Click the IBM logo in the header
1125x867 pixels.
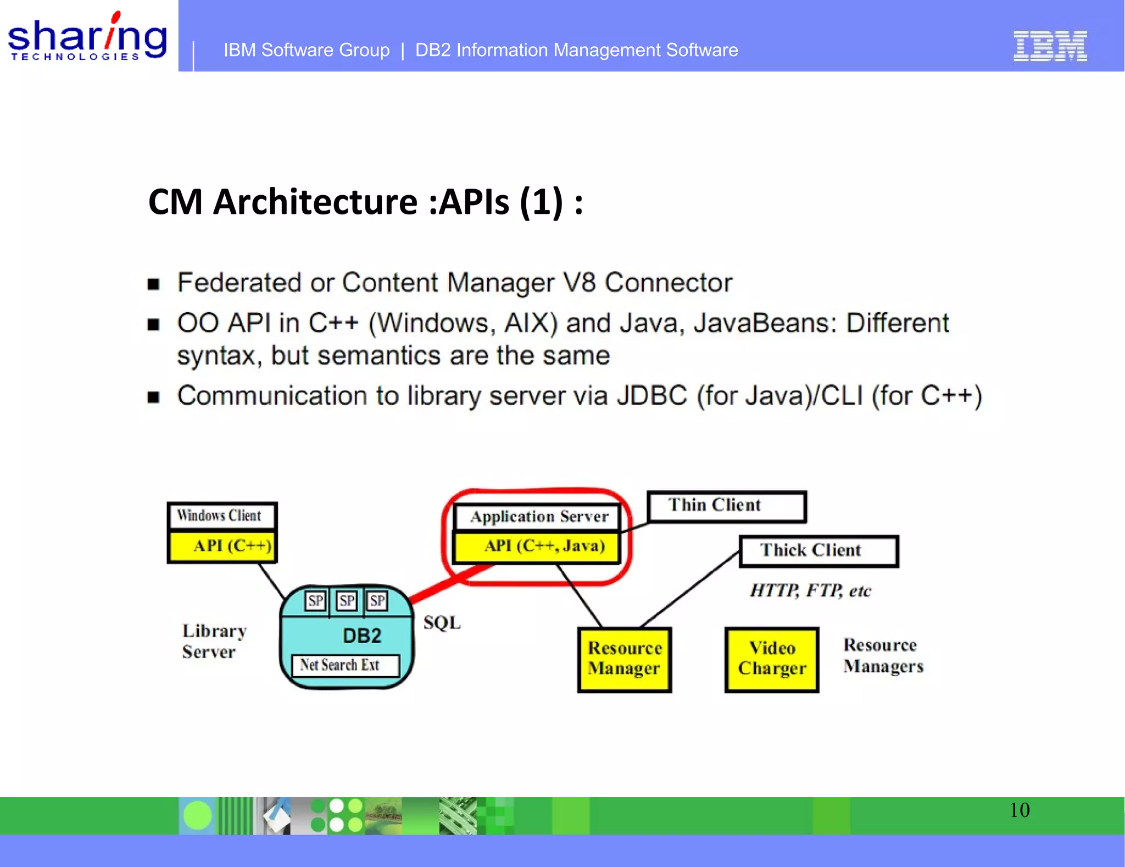[x=1050, y=46]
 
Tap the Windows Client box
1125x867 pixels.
[x=221, y=516]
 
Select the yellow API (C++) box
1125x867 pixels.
[x=222, y=546]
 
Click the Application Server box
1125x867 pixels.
[x=538, y=517]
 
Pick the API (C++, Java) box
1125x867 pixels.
[x=538, y=546]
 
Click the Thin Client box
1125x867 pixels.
[x=726, y=506]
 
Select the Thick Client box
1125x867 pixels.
[x=818, y=551]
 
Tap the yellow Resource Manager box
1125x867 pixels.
[x=625, y=659]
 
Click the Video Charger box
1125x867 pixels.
[x=772, y=659]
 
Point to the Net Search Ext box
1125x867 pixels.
[x=345, y=665]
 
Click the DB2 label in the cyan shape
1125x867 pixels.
[x=361, y=636]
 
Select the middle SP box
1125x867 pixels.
[x=347, y=600]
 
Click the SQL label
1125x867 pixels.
[x=442, y=623]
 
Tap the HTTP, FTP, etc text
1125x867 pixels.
[x=810, y=591]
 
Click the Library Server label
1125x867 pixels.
[x=213, y=641]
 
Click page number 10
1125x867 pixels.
[x=1020, y=810]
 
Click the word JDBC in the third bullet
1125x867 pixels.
[x=651, y=396]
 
